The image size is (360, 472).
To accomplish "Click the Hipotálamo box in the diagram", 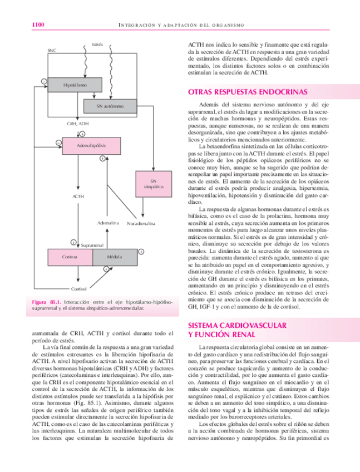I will [x=75, y=85].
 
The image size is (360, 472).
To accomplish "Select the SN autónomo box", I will [x=110, y=106].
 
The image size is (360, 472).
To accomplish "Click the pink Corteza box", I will [x=70, y=257].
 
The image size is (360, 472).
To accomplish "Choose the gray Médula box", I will [x=114, y=257].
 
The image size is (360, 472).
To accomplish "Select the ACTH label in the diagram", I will [x=78, y=196].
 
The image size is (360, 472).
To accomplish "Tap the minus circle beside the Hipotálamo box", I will [x=43, y=82].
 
